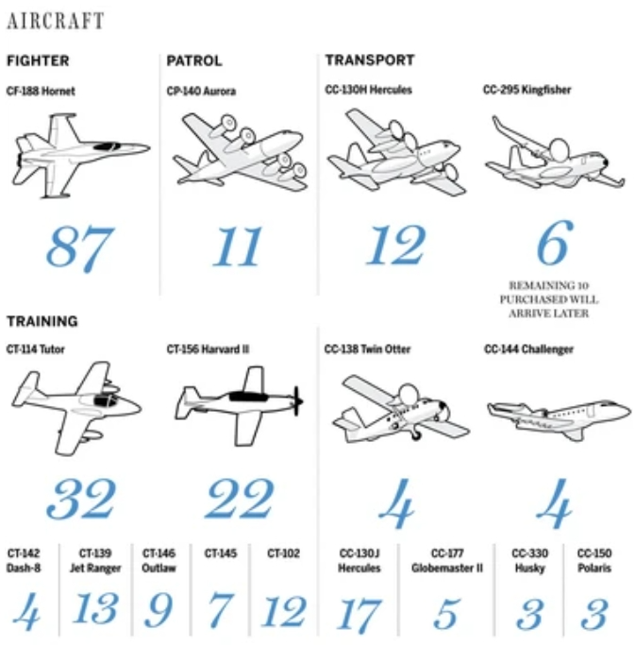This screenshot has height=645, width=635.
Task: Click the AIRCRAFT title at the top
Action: point(56,21)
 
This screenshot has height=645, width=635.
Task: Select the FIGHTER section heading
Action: point(38,60)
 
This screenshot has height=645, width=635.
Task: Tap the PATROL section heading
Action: point(194,60)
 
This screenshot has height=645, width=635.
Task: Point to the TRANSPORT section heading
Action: point(370,60)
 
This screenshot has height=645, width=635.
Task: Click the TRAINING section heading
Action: point(42,321)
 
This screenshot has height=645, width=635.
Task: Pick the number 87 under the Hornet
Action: point(80,248)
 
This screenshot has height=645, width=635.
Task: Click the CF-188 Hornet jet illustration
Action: point(81,156)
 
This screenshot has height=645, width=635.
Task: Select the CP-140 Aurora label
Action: point(201,91)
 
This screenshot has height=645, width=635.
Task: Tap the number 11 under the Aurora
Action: point(237,246)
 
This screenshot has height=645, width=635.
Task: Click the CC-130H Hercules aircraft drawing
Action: point(396,152)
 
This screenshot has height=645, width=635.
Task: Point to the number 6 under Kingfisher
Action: point(555,243)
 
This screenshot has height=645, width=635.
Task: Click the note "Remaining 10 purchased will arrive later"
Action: point(549,299)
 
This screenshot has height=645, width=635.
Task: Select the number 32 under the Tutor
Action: point(81,499)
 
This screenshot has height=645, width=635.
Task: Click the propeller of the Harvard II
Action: point(297,400)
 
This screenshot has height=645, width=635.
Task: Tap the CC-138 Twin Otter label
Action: point(367,349)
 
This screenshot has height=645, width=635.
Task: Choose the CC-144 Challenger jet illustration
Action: point(559,418)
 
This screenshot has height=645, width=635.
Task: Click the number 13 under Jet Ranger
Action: point(95,608)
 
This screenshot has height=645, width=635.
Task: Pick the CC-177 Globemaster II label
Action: point(447,561)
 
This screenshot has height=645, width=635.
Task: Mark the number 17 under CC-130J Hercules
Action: point(359,616)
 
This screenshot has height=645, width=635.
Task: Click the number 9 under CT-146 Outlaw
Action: point(159,610)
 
